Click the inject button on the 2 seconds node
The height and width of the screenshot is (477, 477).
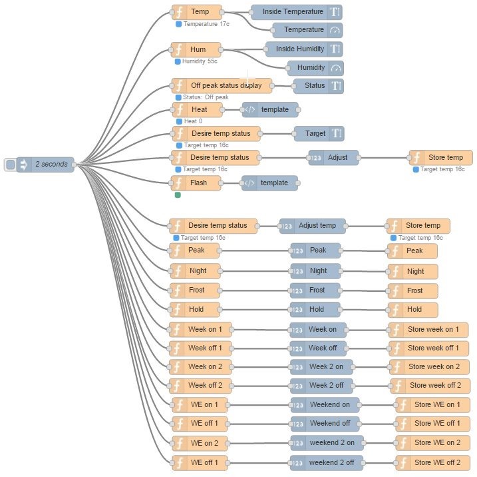pos(10,164)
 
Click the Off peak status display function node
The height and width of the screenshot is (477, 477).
pos(222,85)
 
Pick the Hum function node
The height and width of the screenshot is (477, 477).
pos(197,49)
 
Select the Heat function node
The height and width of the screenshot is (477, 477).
pos(197,109)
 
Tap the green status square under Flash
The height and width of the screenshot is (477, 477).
pos(178,195)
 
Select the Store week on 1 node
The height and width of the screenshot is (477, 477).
pos(428,329)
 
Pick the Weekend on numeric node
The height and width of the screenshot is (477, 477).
pos(325,404)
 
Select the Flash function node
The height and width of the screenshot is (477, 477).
pos(197,183)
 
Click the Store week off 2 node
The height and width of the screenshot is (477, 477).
pos(430,385)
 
